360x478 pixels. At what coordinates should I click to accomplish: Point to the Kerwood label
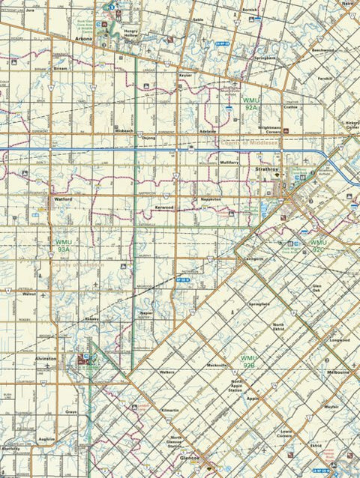coord(164,207)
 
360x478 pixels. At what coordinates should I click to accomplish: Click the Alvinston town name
coord(46,359)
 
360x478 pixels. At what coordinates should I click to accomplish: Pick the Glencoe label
coord(189,457)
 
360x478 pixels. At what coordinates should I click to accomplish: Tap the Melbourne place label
coord(337,372)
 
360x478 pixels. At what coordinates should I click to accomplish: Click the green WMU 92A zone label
coord(250,103)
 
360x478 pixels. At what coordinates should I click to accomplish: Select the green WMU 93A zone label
coord(64,246)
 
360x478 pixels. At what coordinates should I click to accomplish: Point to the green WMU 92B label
coord(248,362)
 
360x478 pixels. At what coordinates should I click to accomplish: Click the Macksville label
coord(217,365)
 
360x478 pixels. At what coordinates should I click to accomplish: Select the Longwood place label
coord(340,339)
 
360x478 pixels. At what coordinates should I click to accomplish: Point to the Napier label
coord(147,312)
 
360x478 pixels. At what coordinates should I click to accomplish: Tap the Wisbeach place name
coord(124,130)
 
